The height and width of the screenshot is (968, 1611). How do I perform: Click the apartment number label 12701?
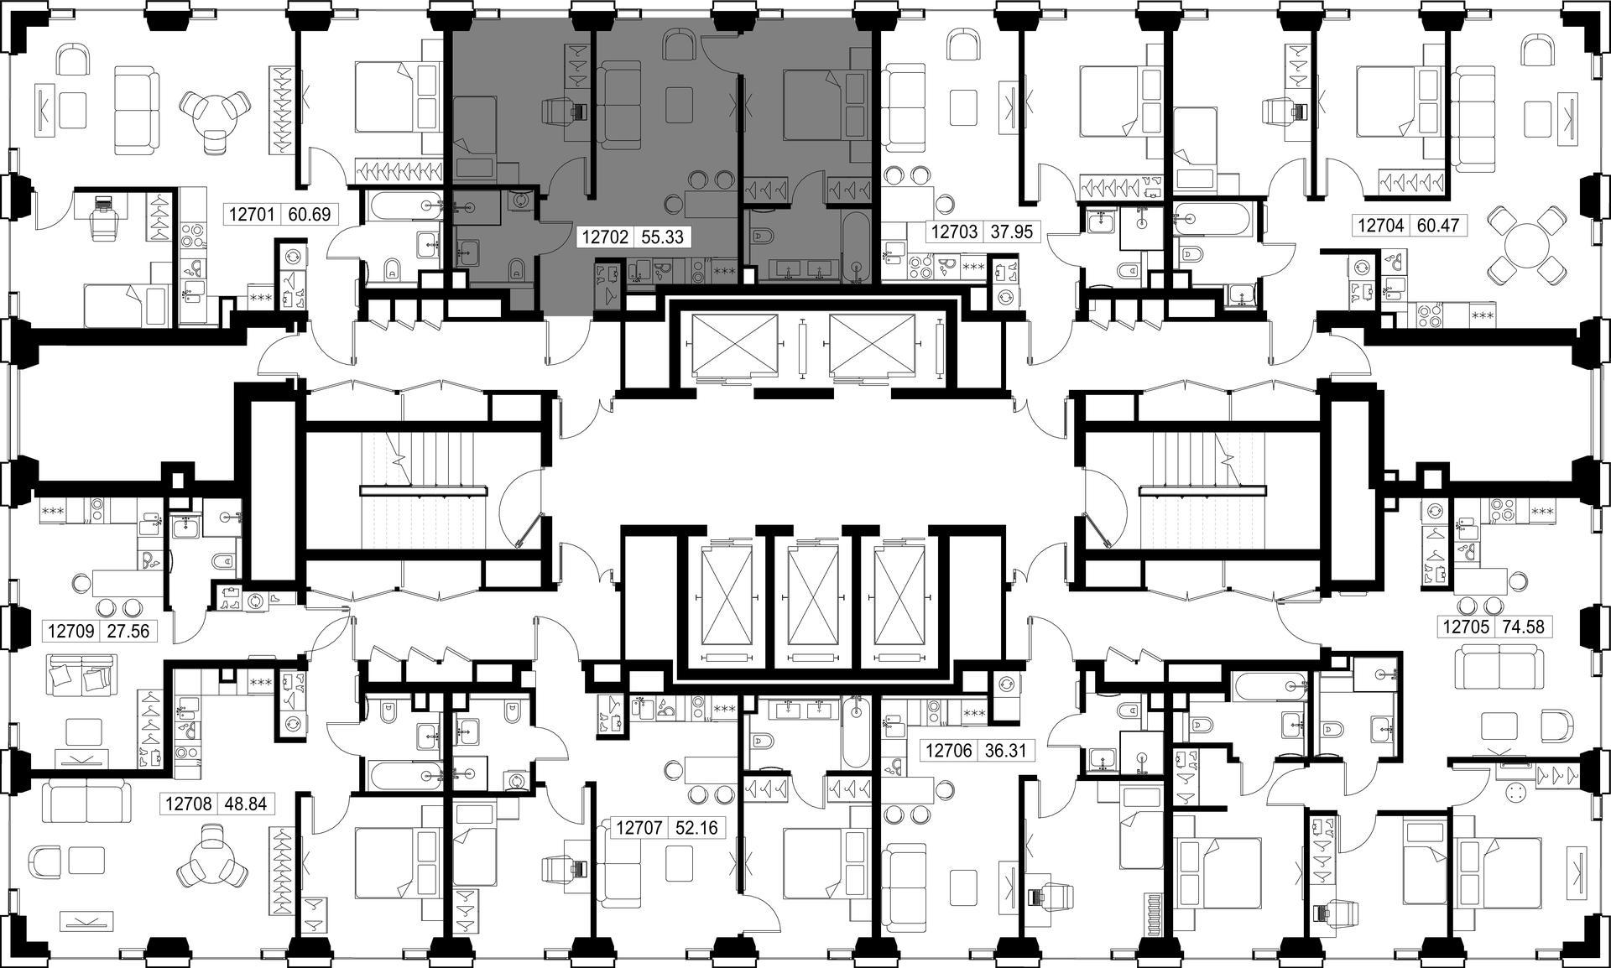(x=252, y=214)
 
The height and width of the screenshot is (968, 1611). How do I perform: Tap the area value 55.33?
(x=663, y=237)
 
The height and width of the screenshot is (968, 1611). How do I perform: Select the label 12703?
(x=955, y=231)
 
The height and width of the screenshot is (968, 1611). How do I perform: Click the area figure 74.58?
(x=1521, y=627)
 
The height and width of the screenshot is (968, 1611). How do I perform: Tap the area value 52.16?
(x=696, y=828)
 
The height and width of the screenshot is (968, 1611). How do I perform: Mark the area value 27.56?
(x=128, y=631)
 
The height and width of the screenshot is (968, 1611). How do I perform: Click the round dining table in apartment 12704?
(x=1528, y=246)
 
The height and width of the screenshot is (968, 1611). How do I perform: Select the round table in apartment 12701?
(x=216, y=115)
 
